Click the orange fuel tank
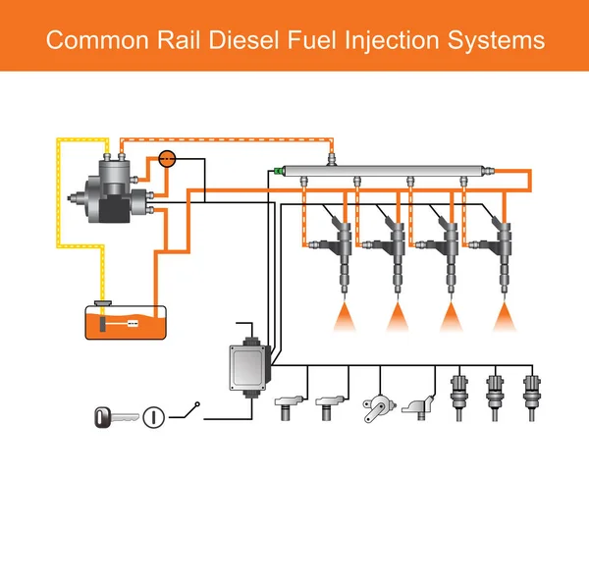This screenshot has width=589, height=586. click(124, 323)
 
